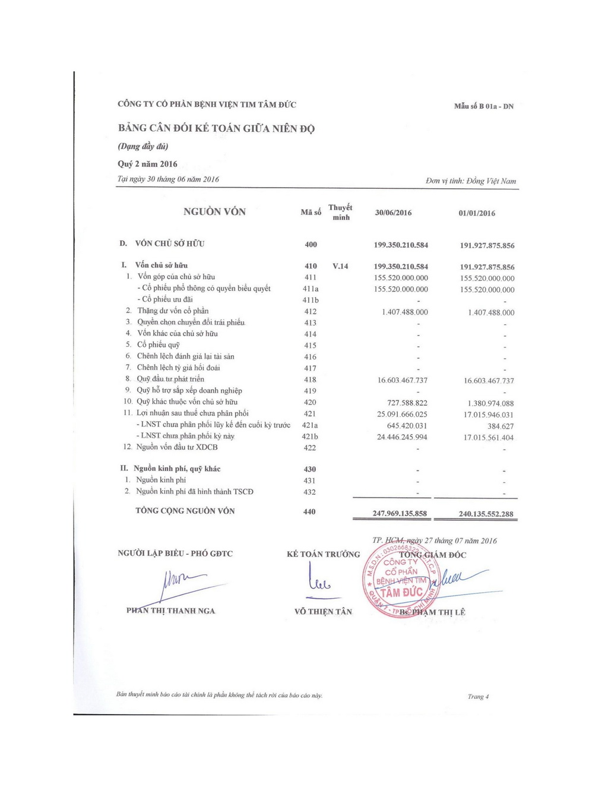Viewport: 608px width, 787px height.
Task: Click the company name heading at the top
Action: (x=207, y=105)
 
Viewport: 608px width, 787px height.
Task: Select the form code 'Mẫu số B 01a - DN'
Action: (x=483, y=106)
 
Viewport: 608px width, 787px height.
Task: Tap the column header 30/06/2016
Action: (x=393, y=213)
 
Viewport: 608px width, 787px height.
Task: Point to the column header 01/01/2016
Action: (x=476, y=213)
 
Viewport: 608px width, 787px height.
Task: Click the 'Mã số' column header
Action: (x=311, y=212)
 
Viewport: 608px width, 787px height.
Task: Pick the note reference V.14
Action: (x=340, y=266)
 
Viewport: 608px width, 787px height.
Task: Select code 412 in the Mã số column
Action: (x=310, y=311)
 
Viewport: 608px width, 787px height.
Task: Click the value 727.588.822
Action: (x=407, y=403)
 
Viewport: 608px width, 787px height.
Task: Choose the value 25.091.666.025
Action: (x=402, y=414)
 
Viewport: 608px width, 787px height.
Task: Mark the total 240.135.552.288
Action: (x=486, y=514)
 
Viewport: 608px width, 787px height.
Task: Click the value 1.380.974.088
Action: (x=490, y=403)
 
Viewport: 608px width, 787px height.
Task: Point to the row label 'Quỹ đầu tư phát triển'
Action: (x=170, y=379)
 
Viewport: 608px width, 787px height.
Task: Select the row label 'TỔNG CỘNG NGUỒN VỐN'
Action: (x=185, y=511)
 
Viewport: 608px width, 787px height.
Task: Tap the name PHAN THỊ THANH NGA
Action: (x=170, y=611)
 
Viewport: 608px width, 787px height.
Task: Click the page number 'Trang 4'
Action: (x=478, y=697)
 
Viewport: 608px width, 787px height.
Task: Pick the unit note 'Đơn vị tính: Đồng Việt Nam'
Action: (x=471, y=181)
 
